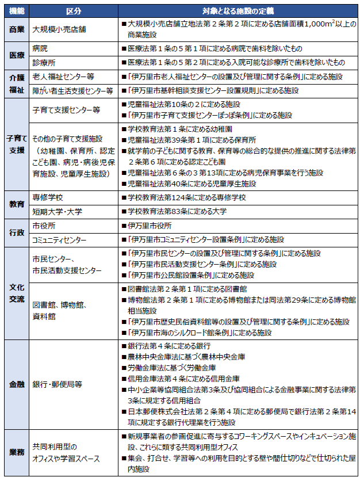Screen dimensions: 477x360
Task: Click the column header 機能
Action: [x=16, y=10]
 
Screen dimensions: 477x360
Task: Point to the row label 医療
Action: [x=16, y=55]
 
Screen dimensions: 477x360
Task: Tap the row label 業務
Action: [x=16, y=452]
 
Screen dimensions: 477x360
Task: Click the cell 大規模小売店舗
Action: [x=60, y=28]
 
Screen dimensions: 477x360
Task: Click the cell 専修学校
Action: [x=48, y=197]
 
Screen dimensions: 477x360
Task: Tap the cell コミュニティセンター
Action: [x=60, y=239]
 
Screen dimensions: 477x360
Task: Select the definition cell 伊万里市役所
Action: [x=147, y=225]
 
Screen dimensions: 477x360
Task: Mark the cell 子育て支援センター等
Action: [x=67, y=109]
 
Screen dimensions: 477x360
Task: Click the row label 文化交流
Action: [x=16, y=293]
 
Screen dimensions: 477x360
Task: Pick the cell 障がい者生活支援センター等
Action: [x=73, y=90]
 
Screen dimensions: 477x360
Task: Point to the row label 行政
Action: [x=16, y=232]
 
